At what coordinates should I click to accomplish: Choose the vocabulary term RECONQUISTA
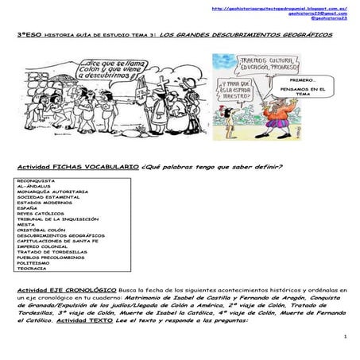36,180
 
